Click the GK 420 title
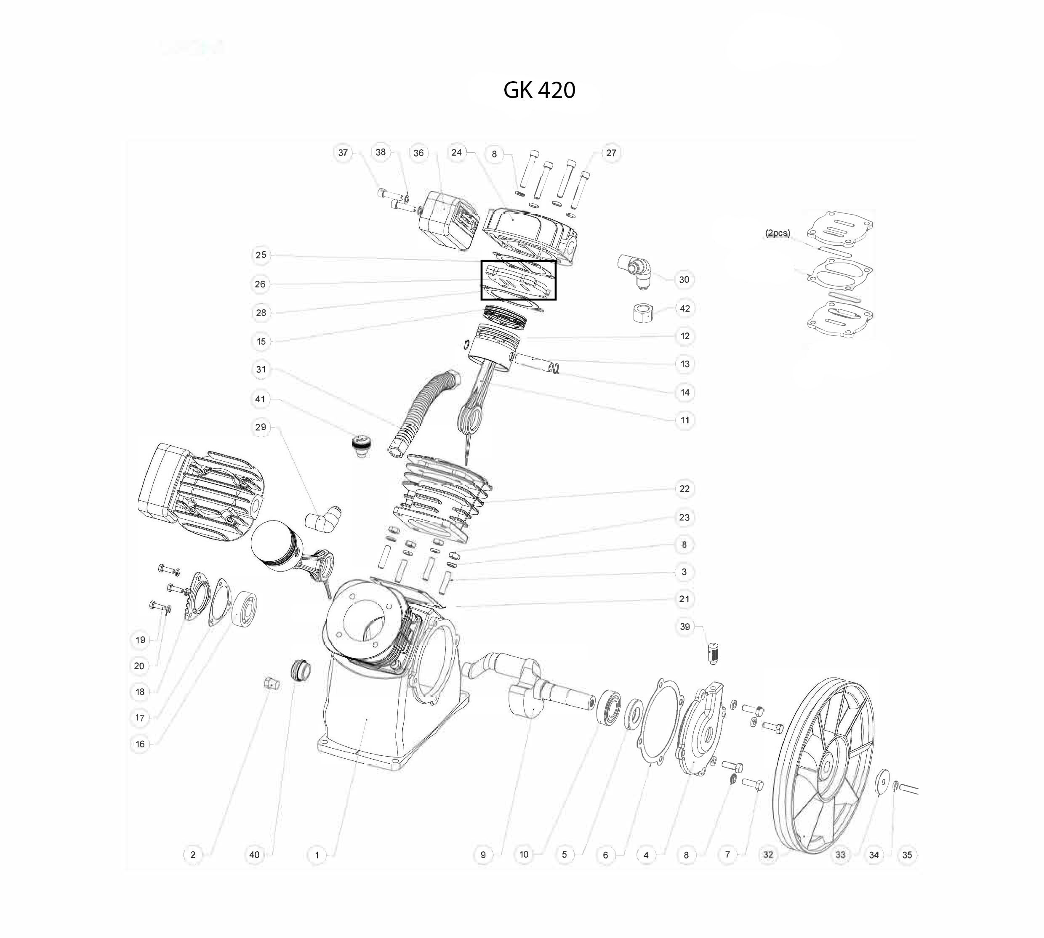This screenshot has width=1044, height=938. (539, 90)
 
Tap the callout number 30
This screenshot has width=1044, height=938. (684, 280)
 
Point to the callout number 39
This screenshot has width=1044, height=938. (684, 627)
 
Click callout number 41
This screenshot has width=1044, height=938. (260, 399)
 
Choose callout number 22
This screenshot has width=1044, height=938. (684, 489)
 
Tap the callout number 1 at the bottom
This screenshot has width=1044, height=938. (317, 855)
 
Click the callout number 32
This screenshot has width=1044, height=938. (768, 855)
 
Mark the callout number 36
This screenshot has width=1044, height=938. (418, 153)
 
